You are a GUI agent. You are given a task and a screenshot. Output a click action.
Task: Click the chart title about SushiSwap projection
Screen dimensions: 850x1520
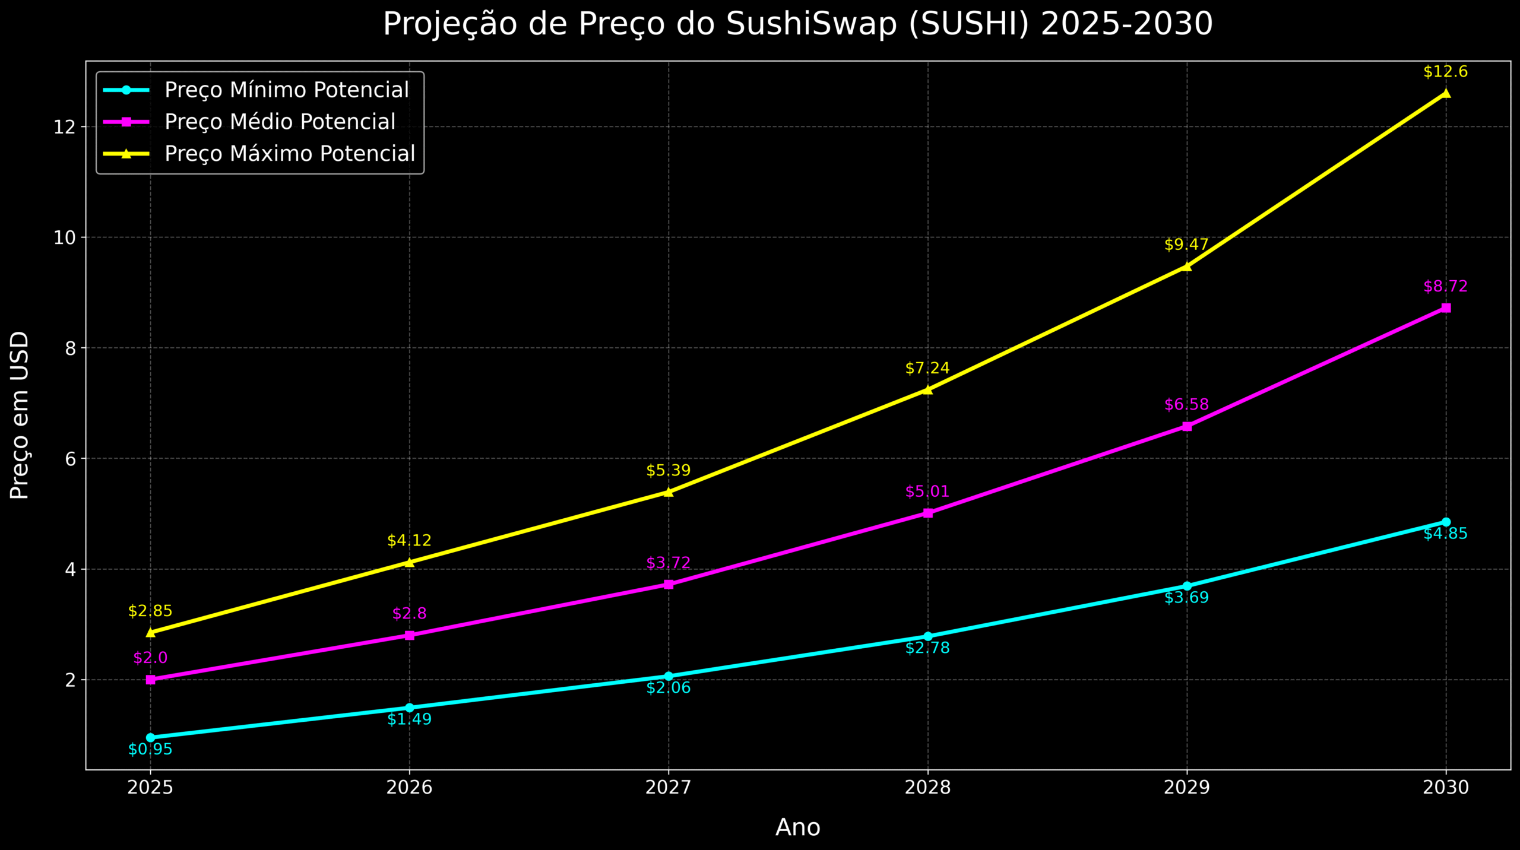(x=797, y=25)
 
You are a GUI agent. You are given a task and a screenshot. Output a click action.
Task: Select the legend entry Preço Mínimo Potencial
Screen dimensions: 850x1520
(x=286, y=90)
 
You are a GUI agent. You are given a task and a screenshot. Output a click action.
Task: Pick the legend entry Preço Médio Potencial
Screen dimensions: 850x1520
(x=280, y=122)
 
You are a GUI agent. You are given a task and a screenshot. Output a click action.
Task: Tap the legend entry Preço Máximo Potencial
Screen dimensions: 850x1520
(x=290, y=154)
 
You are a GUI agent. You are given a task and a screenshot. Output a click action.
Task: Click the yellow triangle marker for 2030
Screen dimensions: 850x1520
(x=1446, y=93)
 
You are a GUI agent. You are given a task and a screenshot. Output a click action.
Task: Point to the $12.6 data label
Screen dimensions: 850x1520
(x=1445, y=72)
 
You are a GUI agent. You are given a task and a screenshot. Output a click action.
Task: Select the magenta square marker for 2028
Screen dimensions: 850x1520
(x=928, y=513)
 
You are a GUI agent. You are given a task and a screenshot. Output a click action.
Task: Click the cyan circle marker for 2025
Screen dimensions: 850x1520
(x=150, y=738)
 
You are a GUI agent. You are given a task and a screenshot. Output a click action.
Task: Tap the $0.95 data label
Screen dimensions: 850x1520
(x=150, y=750)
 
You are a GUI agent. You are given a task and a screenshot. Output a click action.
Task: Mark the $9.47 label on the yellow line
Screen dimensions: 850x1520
(x=1186, y=245)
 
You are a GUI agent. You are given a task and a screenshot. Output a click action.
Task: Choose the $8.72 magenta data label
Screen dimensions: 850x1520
(x=1445, y=287)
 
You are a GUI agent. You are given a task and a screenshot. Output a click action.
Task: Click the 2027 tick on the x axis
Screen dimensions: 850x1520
(x=669, y=788)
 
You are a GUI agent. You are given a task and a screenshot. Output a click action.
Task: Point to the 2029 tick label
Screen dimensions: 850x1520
(x=1186, y=788)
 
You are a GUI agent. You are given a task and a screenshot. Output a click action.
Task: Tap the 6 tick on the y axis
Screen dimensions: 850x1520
(x=71, y=459)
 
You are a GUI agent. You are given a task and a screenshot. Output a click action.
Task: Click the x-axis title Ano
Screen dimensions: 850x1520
(x=797, y=827)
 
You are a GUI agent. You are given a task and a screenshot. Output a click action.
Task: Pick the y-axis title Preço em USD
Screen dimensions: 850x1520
(x=20, y=416)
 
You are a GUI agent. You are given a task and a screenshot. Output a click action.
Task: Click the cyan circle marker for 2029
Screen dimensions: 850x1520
(x=1187, y=586)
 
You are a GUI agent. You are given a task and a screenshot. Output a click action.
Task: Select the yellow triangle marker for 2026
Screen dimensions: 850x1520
(x=410, y=562)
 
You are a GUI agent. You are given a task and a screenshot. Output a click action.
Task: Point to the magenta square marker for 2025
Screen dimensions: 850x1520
(x=151, y=680)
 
